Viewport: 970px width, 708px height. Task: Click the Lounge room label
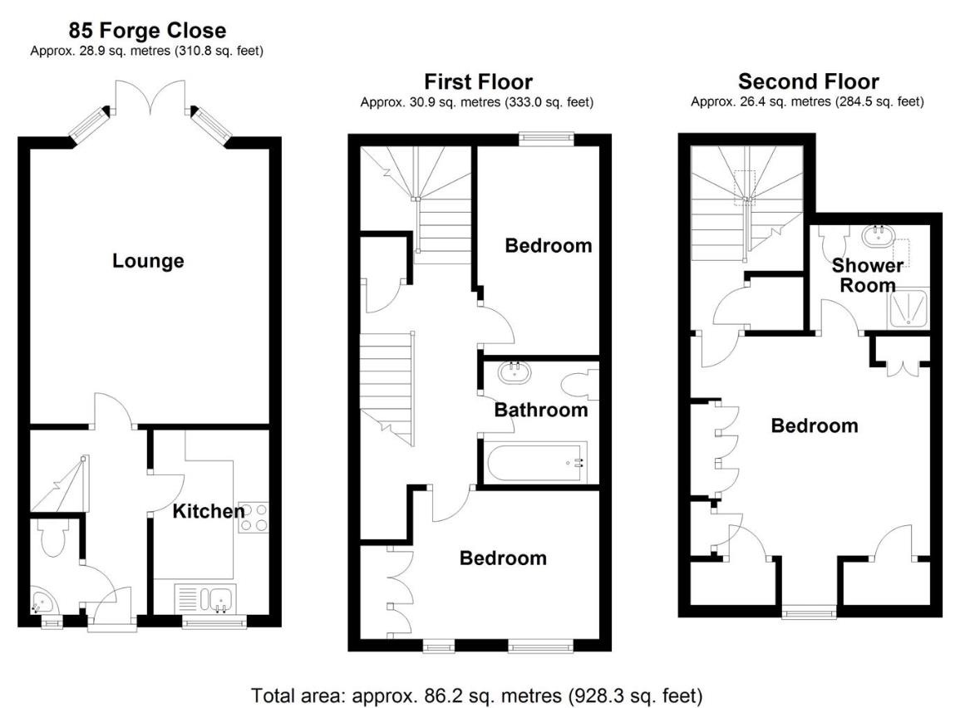tap(148, 261)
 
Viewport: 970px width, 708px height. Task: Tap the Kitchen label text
tap(208, 511)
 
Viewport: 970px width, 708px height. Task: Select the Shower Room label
tap(868, 275)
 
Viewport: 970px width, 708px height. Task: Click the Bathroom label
tap(541, 410)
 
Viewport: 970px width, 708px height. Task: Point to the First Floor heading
tap(478, 81)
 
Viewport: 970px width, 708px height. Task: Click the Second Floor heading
tap(808, 81)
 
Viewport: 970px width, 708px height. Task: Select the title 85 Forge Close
tap(147, 32)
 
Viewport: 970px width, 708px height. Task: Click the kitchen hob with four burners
tap(254, 517)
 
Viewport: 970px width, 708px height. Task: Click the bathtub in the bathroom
tap(537, 462)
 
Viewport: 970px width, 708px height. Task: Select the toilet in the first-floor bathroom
tap(579, 384)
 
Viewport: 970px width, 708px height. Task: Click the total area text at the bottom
tap(477, 695)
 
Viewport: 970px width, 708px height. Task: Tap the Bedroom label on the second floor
tap(814, 426)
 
